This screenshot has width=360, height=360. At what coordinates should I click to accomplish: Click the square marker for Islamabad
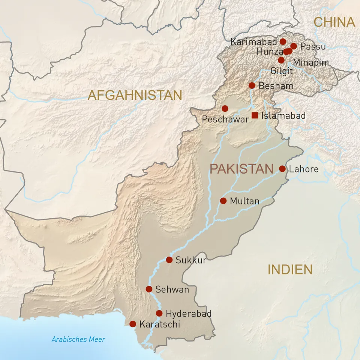pyautogui.click(x=255, y=115)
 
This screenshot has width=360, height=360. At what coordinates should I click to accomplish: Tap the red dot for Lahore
pyautogui.click(x=282, y=169)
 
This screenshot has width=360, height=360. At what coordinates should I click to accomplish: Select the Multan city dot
pyautogui.click(x=223, y=201)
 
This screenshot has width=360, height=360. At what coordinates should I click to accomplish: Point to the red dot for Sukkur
pyautogui.click(x=169, y=260)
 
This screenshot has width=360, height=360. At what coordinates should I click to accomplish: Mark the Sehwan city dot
pyautogui.click(x=149, y=289)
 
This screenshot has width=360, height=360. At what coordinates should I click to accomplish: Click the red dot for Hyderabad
pyautogui.click(x=159, y=313)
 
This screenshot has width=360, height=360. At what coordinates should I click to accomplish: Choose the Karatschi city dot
pyautogui.click(x=133, y=324)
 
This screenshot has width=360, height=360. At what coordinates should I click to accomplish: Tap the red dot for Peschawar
pyautogui.click(x=225, y=108)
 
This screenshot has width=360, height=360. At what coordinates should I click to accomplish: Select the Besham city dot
pyautogui.click(x=252, y=85)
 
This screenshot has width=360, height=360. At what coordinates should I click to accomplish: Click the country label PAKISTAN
pyautogui.click(x=241, y=169)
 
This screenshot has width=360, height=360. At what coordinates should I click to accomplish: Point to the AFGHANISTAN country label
pyautogui.click(x=135, y=95)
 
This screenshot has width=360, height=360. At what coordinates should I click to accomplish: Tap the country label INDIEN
pyautogui.click(x=290, y=269)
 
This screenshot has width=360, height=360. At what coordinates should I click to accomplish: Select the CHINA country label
pyautogui.click(x=334, y=22)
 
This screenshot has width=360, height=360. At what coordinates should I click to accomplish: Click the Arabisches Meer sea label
pyautogui.click(x=78, y=340)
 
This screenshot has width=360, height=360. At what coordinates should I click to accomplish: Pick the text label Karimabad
pyautogui.click(x=253, y=42)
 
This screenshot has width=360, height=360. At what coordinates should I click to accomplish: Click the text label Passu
pyautogui.click(x=313, y=47)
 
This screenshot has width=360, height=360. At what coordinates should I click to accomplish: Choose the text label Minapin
pyautogui.click(x=310, y=63)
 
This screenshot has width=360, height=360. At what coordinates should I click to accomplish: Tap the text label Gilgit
pyautogui.click(x=281, y=70)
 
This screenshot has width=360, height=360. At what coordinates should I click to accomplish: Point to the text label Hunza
pyautogui.click(x=269, y=52)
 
